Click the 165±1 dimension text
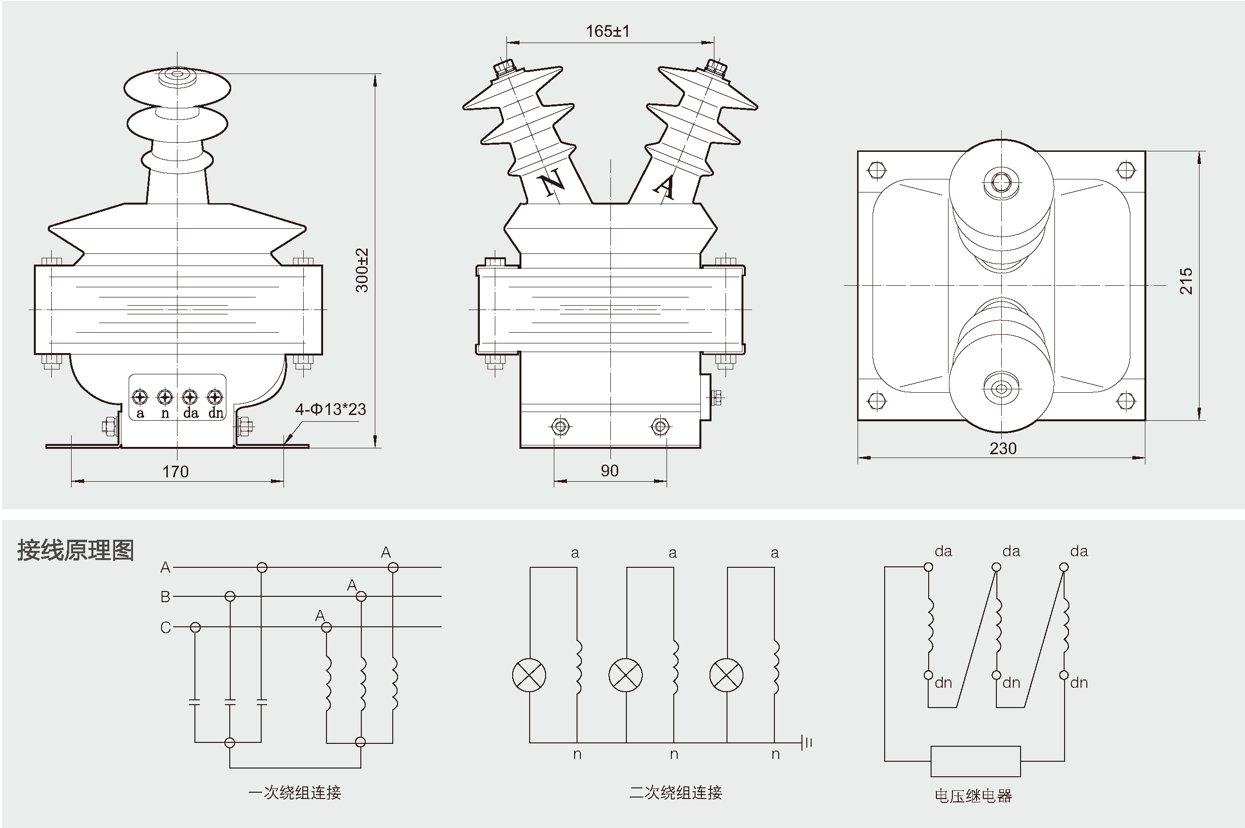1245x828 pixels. [608, 32]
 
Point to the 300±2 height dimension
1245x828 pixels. [362, 270]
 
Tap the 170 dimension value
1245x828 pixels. [175, 472]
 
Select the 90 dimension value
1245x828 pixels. [609, 471]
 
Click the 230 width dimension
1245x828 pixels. [1003, 448]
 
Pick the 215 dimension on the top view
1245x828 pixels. [1186, 281]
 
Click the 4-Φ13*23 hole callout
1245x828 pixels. [330, 409]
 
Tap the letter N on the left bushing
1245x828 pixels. [552, 183]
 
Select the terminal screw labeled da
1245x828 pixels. [190, 397]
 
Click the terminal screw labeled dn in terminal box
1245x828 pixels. [214, 397]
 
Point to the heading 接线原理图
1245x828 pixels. [75, 551]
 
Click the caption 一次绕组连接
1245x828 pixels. [295, 793]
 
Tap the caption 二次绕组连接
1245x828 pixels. [675, 793]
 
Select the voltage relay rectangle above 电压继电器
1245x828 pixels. [975, 761]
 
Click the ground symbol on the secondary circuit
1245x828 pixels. [806, 743]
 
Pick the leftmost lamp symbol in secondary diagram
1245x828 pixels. [529, 675]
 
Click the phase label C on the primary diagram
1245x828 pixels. [166, 627]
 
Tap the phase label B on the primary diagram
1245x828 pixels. [165, 597]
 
